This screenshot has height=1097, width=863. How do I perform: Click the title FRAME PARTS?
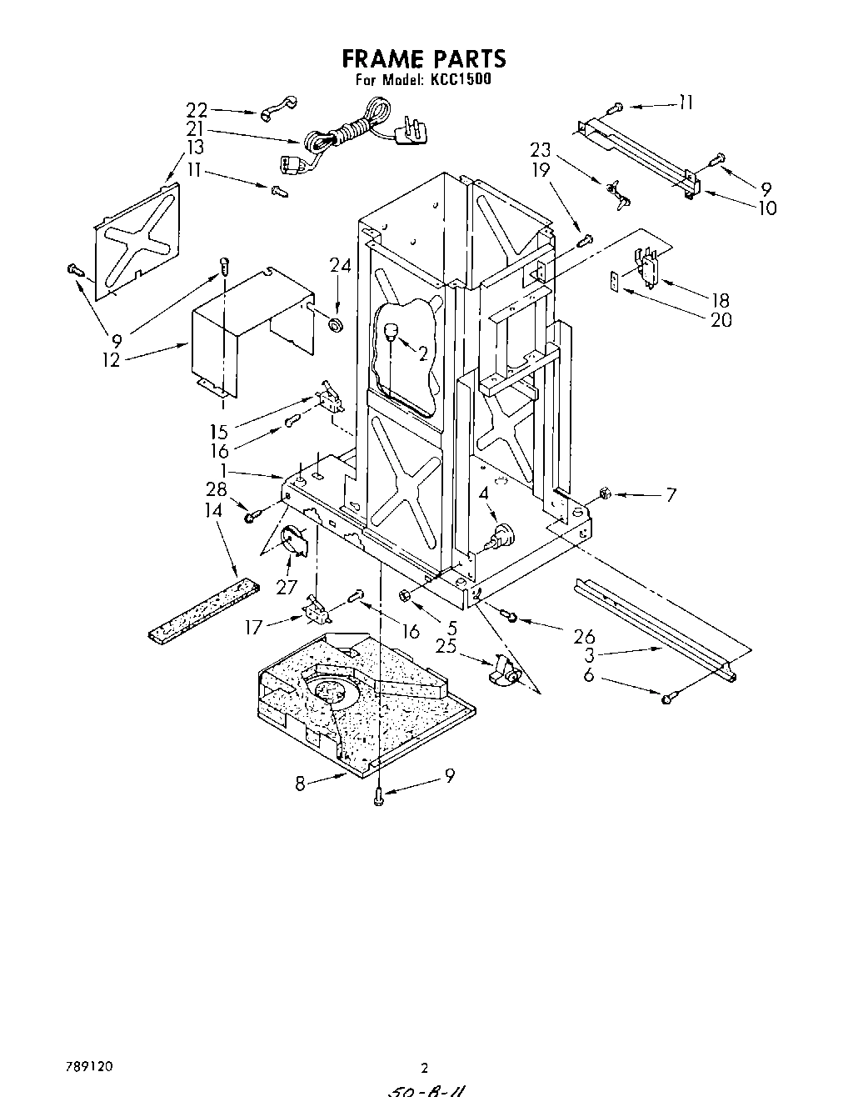point(424,59)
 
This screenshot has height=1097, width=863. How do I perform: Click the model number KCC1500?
point(458,81)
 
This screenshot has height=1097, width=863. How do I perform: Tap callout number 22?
point(197,110)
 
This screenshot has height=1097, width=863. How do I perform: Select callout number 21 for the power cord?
point(195,128)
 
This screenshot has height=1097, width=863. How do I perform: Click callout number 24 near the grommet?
point(340,266)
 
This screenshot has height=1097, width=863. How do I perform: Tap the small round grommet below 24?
point(337,323)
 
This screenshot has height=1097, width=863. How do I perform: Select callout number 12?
point(112,360)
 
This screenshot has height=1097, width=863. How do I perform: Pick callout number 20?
point(721,319)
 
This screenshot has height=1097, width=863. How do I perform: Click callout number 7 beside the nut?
point(671,495)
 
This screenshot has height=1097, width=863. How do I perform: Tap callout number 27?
point(287,587)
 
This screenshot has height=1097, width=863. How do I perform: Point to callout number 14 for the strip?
point(215,509)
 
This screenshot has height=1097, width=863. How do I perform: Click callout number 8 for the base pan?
point(301,783)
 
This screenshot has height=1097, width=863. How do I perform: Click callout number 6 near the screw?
point(589,676)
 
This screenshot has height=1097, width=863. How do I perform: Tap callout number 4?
point(483,493)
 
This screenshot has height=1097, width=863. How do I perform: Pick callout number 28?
point(217,489)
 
